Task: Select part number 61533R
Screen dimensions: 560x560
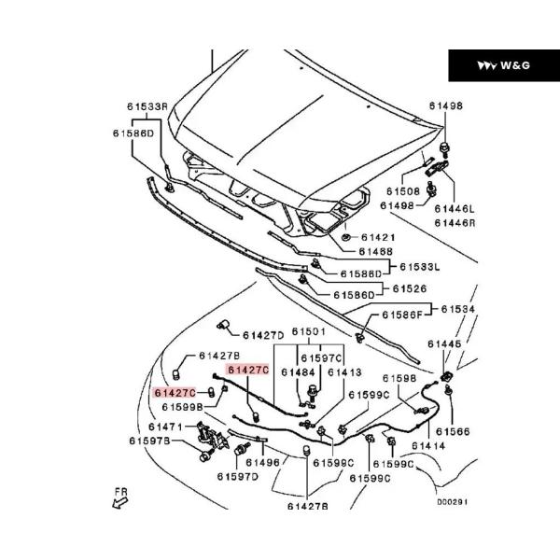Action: tap(147, 107)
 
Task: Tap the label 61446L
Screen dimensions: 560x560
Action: tap(455, 209)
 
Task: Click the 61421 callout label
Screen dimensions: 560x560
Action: tap(373, 238)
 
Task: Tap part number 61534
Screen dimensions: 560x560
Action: tap(458, 308)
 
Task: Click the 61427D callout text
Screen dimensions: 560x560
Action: tap(263, 335)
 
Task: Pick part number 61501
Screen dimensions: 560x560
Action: tap(308, 331)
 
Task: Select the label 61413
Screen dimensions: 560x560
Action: tap(343, 371)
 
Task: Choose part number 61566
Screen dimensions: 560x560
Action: tap(453, 431)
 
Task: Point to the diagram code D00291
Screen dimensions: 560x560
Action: tap(452, 501)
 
